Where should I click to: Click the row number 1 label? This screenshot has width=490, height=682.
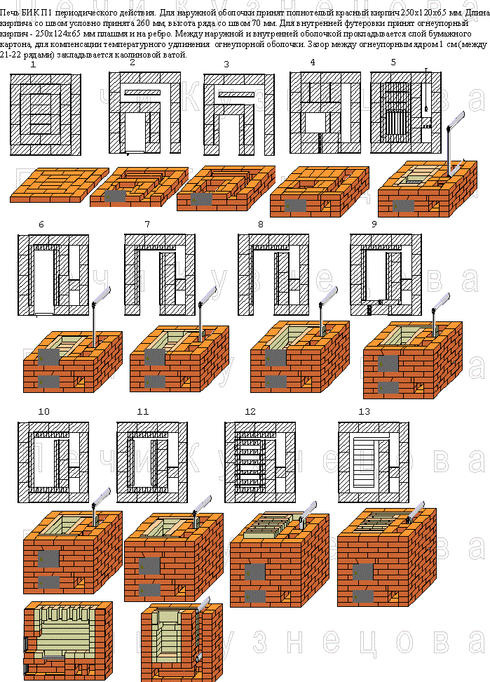coord(34,65)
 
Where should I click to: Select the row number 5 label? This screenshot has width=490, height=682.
coord(393,62)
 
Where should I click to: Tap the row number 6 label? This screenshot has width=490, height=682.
coord(41,225)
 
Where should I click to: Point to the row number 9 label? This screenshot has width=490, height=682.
coord(374,225)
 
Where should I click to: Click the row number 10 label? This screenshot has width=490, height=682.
coord(44,411)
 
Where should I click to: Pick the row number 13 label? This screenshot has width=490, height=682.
coord(365,411)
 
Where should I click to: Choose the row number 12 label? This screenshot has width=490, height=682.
coord(250,411)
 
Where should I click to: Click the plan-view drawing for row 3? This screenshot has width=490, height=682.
coord(239,114)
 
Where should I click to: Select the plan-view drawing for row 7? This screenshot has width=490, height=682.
coord(160,274)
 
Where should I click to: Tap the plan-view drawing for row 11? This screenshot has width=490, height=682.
coord(153,462)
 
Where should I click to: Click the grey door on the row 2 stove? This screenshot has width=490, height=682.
coord(115,196)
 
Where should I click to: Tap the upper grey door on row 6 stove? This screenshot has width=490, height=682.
coord(49,357)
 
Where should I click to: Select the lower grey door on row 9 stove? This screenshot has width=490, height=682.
coord(388,387)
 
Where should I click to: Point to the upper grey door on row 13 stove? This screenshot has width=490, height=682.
coord(363,573)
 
